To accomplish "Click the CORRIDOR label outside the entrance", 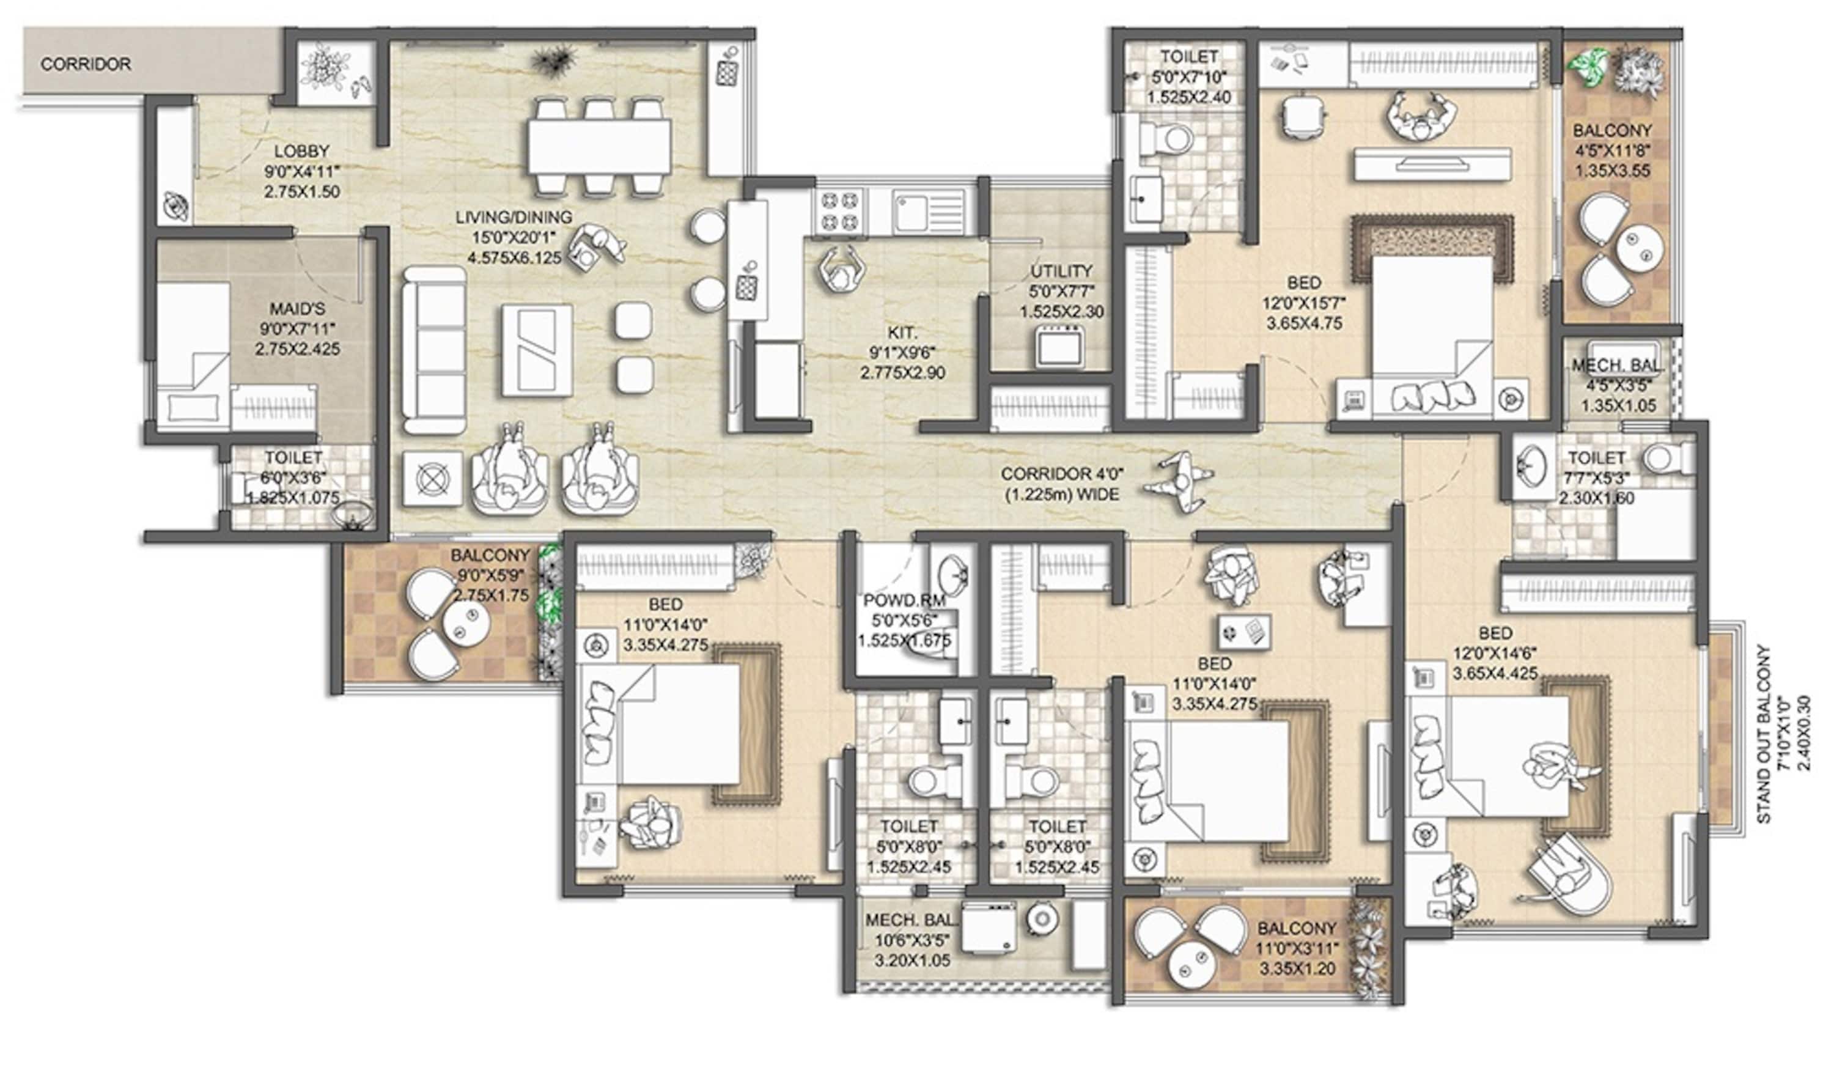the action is pyautogui.click(x=86, y=64).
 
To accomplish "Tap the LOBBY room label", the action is pyautogui.click(x=301, y=151).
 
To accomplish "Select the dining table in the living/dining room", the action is pyautogui.click(x=599, y=146).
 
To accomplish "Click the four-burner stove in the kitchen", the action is pyautogui.click(x=841, y=210).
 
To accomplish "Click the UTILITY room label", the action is pyautogui.click(x=1061, y=271).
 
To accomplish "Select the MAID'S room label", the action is pyautogui.click(x=297, y=309).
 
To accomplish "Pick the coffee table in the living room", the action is pyautogui.click(x=537, y=350).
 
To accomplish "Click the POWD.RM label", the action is pyautogui.click(x=904, y=601).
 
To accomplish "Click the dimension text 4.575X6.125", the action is pyautogui.click(x=514, y=257).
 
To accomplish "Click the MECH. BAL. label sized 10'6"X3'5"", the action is pyautogui.click(x=908, y=920).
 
